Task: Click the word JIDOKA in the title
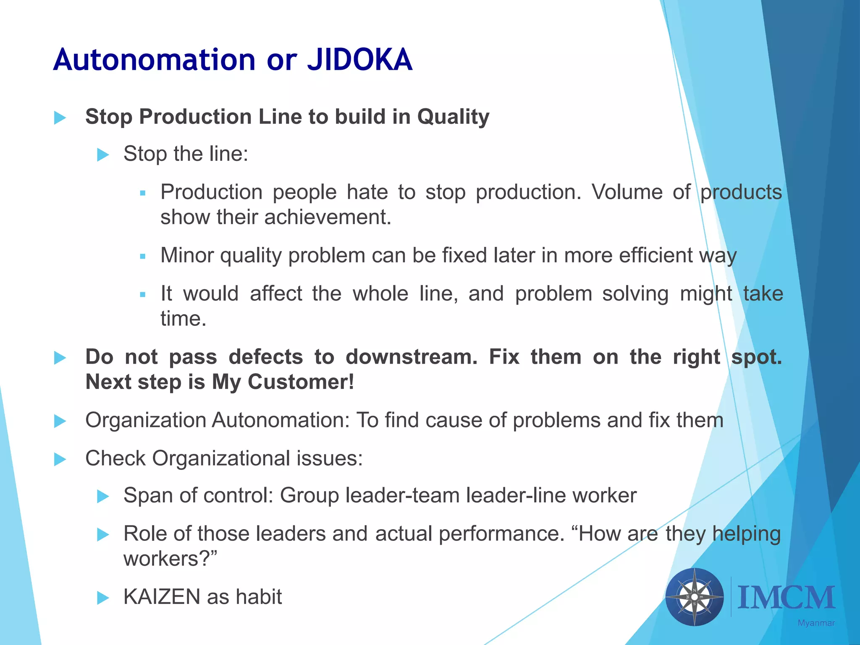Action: click(x=359, y=60)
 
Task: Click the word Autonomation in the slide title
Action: click(x=154, y=60)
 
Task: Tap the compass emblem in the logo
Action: click(x=695, y=597)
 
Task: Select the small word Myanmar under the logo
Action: click(x=816, y=623)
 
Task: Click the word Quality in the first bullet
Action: click(x=453, y=117)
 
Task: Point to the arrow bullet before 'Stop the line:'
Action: click(x=103, y=155)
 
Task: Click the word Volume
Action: click(x=627, y=192)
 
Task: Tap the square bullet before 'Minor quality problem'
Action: click(x=143, y=256)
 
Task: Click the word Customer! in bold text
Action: click(x=301, y=382)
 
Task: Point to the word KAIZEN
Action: click(x=162, y=597)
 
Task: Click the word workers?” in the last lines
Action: click(x=170, y=559)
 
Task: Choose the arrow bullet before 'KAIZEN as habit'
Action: click(x=103, y=598)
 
